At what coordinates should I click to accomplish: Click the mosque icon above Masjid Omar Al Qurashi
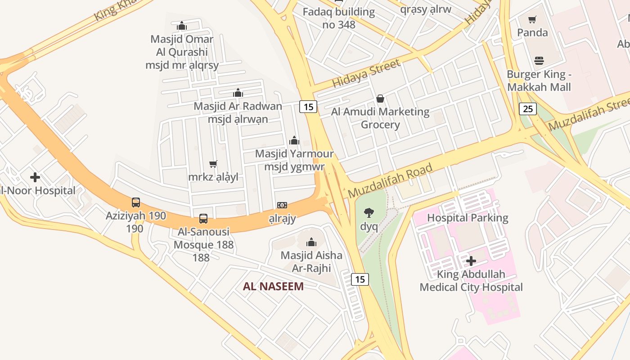click(182, 26)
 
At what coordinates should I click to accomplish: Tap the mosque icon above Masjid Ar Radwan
click(238, 93)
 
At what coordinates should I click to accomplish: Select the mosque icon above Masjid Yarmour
click(294, 140)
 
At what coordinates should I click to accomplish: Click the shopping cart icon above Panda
click(532, 19)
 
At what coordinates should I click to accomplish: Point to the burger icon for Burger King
click(539, 61)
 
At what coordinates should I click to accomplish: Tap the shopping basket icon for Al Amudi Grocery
click(380, 99)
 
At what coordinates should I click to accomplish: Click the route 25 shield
click(528, 108)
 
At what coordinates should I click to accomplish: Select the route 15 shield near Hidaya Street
click(308, 107)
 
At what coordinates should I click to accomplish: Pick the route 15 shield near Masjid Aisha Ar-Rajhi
click(360, 279)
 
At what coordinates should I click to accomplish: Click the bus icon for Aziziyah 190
click(136, 202)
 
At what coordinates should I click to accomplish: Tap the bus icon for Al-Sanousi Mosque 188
click(203, 219)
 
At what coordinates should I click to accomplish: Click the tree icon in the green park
click(369, 213)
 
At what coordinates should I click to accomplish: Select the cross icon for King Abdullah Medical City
click(471, 261)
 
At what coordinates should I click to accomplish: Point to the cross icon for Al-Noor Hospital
click(35, 177)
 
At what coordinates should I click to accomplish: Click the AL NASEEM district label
click(273, 286)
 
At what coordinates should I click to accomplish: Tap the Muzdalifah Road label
click(390, 180)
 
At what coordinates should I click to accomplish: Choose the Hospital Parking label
click(468, 218)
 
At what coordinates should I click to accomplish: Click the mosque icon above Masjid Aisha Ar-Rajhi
click(311, 243)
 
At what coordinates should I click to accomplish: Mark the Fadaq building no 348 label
click(339, 18)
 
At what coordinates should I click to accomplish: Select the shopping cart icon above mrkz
click(213, 164)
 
